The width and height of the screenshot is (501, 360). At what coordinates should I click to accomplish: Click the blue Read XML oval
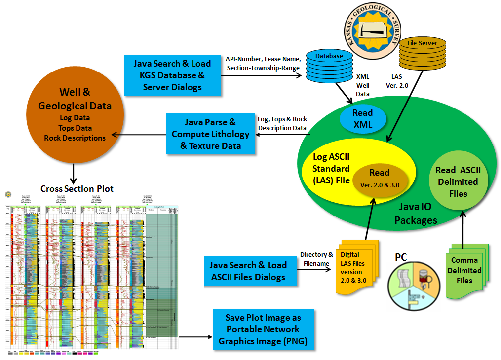point(362,119)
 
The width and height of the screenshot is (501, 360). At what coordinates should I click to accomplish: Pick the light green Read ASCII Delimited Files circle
point(458,181)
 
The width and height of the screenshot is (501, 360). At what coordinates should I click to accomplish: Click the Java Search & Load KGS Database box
point(172,75)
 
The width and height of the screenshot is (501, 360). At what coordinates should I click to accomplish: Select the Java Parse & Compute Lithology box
point(211,133)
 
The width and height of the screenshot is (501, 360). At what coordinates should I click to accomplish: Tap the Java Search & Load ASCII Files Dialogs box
point(251,271)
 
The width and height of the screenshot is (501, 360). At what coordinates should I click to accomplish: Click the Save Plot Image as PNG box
point(263,329)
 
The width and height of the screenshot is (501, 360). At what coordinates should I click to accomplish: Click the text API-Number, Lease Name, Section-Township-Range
point(263,63)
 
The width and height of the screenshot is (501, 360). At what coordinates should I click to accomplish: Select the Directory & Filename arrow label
point(316,259)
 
